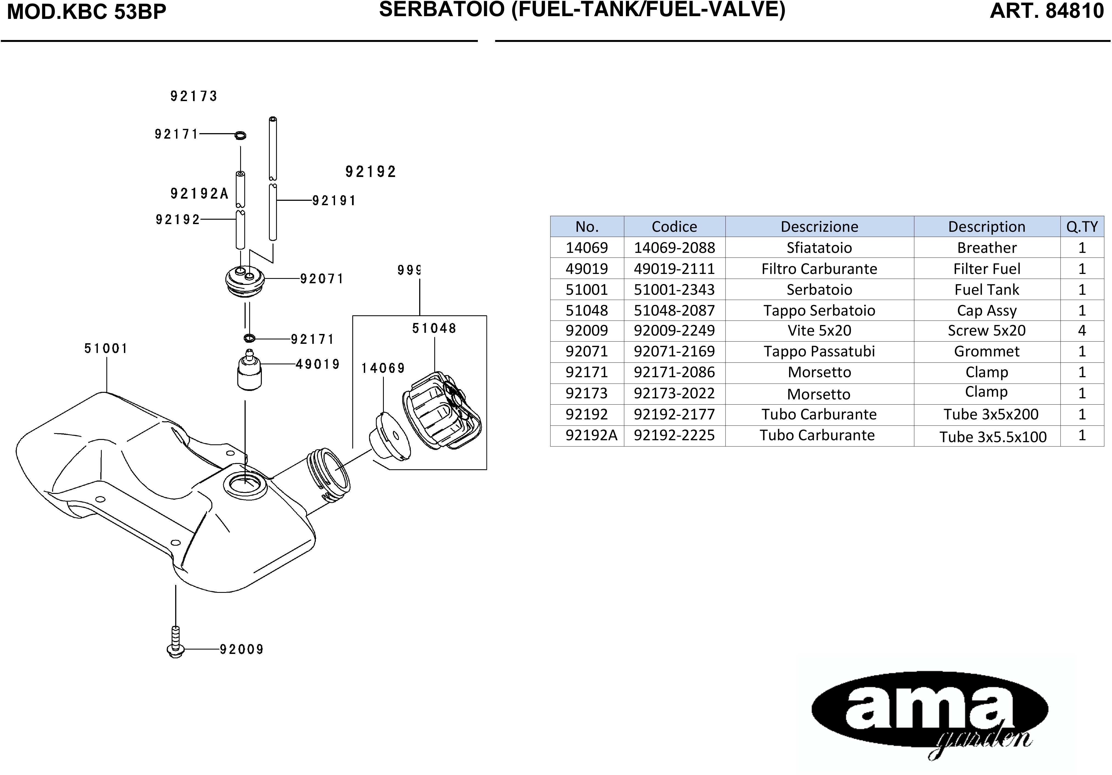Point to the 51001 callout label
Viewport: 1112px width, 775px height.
[x=106, y=348]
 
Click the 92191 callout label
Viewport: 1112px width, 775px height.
[x=334, y=201]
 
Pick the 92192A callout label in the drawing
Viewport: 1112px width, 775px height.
[x=199, y=194]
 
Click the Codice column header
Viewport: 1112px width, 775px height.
[x=674, y=227]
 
